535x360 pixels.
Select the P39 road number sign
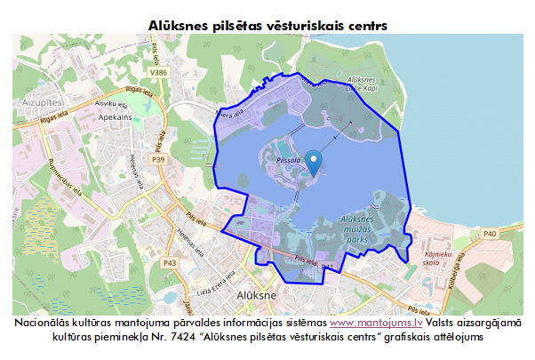tap(159, 159)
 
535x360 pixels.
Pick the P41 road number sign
tap(326, 267)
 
